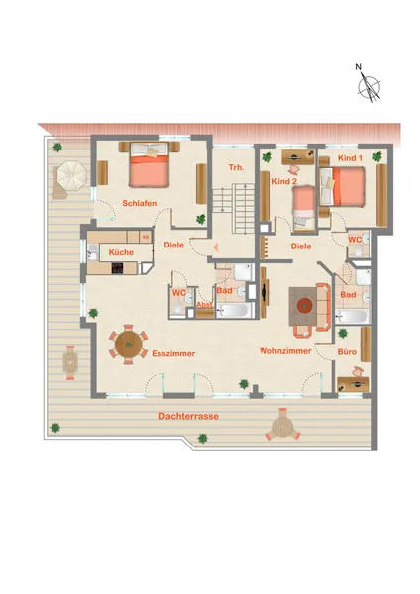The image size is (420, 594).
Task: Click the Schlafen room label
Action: (139, 203)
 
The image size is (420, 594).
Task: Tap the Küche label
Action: (121, 252)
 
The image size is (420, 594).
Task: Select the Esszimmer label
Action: (173, 353)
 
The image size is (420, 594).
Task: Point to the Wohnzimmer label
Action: (285, 351)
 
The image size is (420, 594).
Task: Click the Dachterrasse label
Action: (189, 416)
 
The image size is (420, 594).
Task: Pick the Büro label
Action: (347, 352)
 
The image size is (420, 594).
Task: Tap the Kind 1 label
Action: (350, 158)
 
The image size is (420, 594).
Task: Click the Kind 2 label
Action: (284, 182)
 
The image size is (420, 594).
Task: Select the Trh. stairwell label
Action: (236, 167)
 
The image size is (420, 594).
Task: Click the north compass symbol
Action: (368, 86)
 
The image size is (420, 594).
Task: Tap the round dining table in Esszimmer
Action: (129, 345)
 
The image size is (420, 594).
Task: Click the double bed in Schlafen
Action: (149, 164)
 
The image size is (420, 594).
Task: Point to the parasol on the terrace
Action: (72, 176)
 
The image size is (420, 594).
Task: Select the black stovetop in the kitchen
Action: (118, 268)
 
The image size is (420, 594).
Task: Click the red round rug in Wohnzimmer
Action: (304, 305)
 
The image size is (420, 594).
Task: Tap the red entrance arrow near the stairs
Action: (216, 248)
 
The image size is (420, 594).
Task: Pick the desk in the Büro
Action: (354, 384)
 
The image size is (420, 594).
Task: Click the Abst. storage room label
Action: (204, 304)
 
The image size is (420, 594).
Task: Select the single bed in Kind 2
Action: (304, 208)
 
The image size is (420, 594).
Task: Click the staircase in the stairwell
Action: (233, 208)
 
